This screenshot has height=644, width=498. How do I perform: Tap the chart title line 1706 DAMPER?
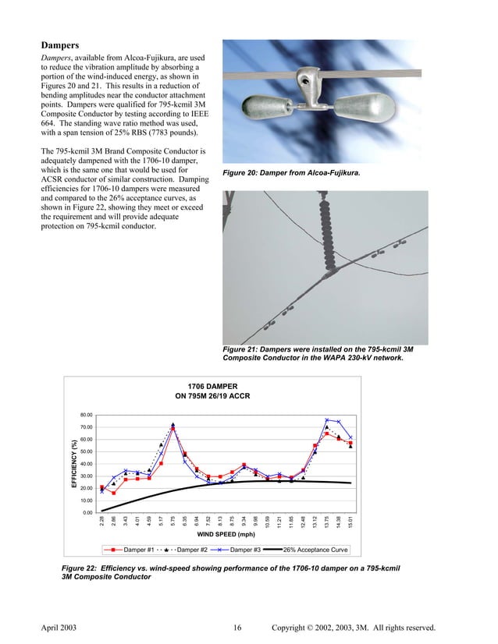click(x=212, y=386)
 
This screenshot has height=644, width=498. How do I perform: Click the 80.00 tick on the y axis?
click(x=87, y=415)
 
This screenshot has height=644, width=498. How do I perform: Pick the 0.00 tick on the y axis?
click(x=88, y=512)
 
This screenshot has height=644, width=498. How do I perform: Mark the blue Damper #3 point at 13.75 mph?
click(x=327, y=420)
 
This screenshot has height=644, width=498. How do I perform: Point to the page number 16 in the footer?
click(x=238, y=628)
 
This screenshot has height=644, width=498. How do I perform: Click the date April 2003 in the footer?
click(x=57, y=628)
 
